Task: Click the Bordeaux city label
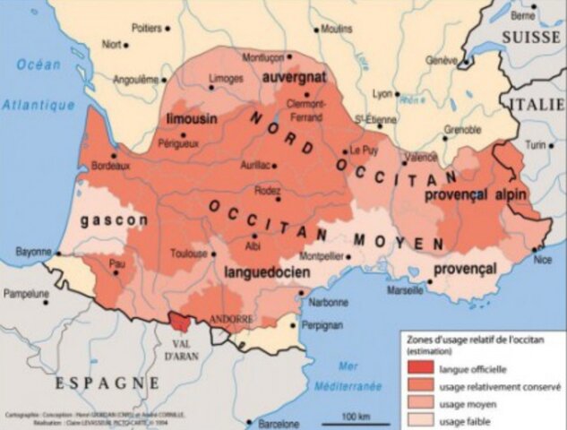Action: click(x=110, y=166)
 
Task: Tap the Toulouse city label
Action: click(x=189, y=254)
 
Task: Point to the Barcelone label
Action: click(x=279, y=423)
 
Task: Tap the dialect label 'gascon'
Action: click(x=114, y=219)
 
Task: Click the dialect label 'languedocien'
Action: click(x=261, y=270)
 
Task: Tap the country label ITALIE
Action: click(x=537, y=104)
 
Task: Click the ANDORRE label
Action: click(x=231, y=319)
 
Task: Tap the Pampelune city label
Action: click(x=29, y=293)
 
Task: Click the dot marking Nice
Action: click(x=535, y=248)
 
